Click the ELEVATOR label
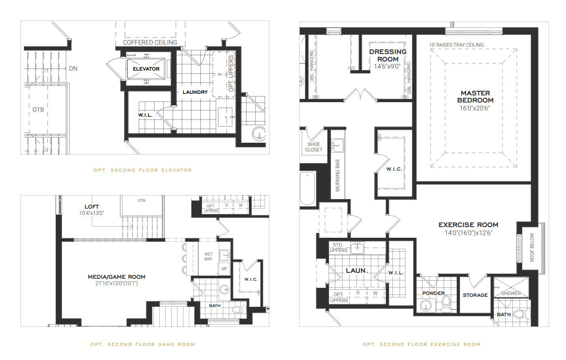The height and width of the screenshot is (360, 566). click(x=146, y=69)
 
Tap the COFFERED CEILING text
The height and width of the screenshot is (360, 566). click(x=150, y=43)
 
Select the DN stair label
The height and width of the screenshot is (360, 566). click(x=73, y=69)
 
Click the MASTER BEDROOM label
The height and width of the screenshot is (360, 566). click(x=475, y=97)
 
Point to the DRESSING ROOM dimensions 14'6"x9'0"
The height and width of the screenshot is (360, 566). click(x=387, y=67)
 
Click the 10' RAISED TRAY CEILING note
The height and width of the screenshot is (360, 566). click(x=456, y=45)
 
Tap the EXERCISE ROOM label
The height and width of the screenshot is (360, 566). click(x=468, y=225)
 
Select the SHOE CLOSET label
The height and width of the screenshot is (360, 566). click(x=314, y=147)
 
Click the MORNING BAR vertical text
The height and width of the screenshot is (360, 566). click(x=338, y=175)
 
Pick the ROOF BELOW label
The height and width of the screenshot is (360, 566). click(x=532, y=247)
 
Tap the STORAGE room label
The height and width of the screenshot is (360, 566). click(x=475, y=295)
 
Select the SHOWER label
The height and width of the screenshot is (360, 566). click(x=511, y=293)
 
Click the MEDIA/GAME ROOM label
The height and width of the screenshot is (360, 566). click(x=116, y=277)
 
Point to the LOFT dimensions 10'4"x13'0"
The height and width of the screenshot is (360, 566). click(x=92, y=213)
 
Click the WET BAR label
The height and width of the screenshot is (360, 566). click(x=208, y=257)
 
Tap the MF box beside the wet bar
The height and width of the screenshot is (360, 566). click(x=224, y=269)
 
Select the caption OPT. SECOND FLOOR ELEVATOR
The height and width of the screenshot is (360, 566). click(x=142, y=170)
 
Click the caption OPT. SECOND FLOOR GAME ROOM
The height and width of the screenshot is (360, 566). click(x=142, y=345)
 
